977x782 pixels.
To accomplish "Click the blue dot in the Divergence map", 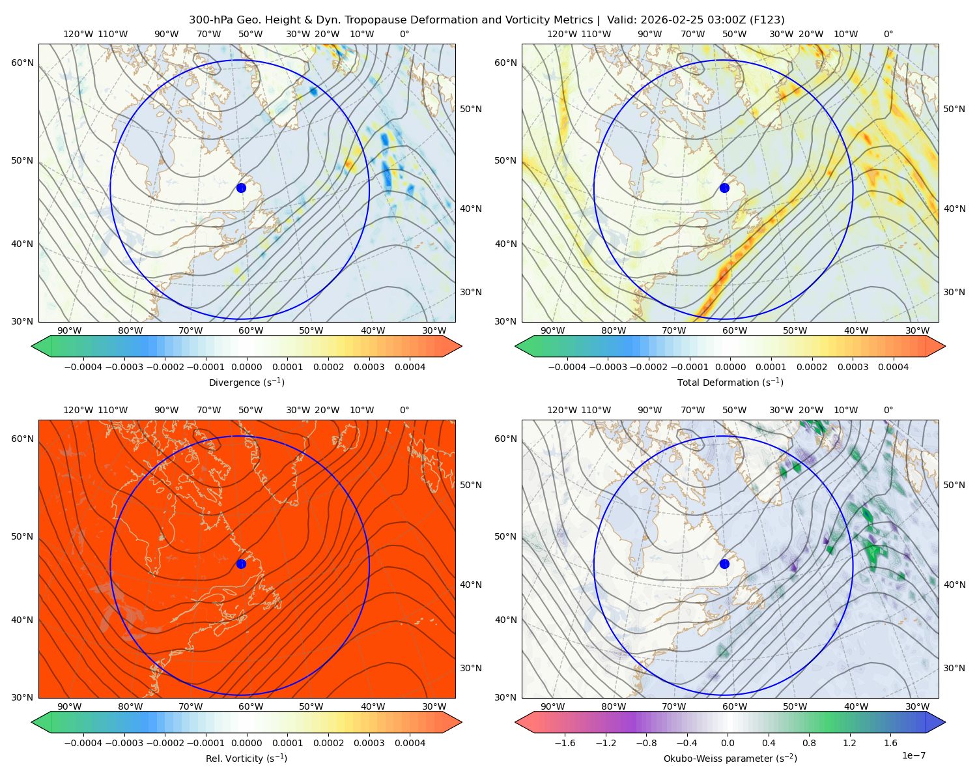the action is (x=241, y=188).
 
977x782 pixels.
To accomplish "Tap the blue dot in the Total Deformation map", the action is (x=724, y=188).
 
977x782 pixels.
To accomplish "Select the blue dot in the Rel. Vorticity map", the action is (x=241, y=564).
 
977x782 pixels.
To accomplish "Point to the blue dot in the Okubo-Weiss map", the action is (x=724, y=564).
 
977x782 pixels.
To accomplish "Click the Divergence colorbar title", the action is (x=246, y=382).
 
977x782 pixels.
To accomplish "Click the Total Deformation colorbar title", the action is (x=730, y=382).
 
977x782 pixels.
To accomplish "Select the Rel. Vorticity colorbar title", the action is (x=246, y=758).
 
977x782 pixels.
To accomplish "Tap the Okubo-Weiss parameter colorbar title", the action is (x=730, y=758).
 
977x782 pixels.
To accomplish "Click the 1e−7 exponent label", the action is (x=913, y=755).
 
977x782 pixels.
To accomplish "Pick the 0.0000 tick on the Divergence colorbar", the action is (x=246, y=367).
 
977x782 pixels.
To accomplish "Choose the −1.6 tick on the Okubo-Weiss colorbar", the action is (x=565, y=742).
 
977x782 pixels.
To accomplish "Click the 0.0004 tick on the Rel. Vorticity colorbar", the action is (x=410, y=742).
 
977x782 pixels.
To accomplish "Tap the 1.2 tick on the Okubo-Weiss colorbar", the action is (x=849, y=742).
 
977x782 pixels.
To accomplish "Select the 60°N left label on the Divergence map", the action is (x=22, y=63).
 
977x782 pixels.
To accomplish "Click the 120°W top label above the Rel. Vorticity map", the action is (x=78, y=410).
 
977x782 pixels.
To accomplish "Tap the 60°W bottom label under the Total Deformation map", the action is (x=734, y=330).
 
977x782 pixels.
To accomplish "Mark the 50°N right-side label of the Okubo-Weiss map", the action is (x=954, y=485).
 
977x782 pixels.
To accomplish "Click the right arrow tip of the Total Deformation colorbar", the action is (x=945, y=346).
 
